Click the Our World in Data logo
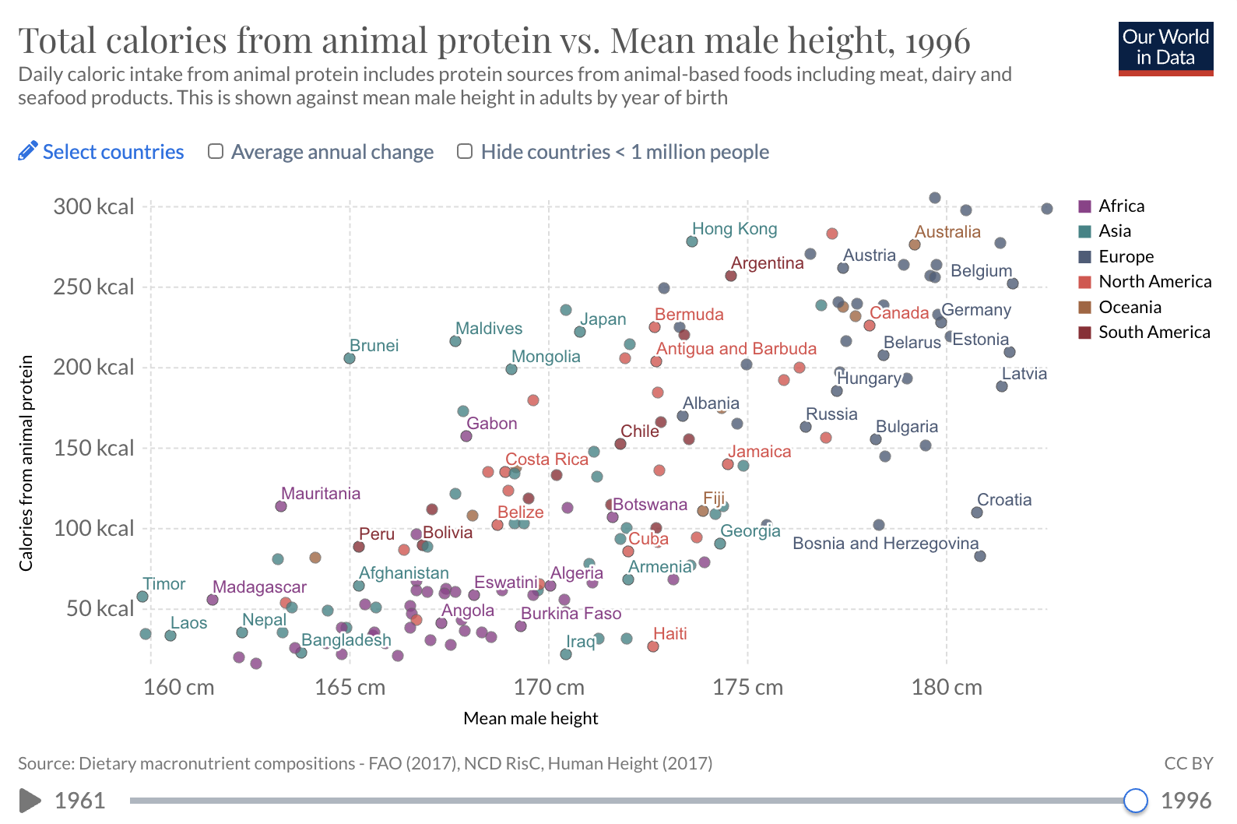point(1165,48)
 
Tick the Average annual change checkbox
point(216,151)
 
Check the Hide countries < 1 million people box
point(465,151)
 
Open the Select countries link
point(101,151)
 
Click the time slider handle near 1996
point(1135,800)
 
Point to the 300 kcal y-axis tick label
point(93,206)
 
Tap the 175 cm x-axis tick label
point(747,687)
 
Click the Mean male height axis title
point(531,718)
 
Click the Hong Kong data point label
point(734,228)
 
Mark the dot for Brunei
point(350,359)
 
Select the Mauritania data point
point(280,506)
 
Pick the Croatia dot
point(977,512)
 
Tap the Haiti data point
point(652,646)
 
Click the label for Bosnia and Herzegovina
point(885,544)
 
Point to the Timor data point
point(142,597)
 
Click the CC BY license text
point(1189,763)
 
